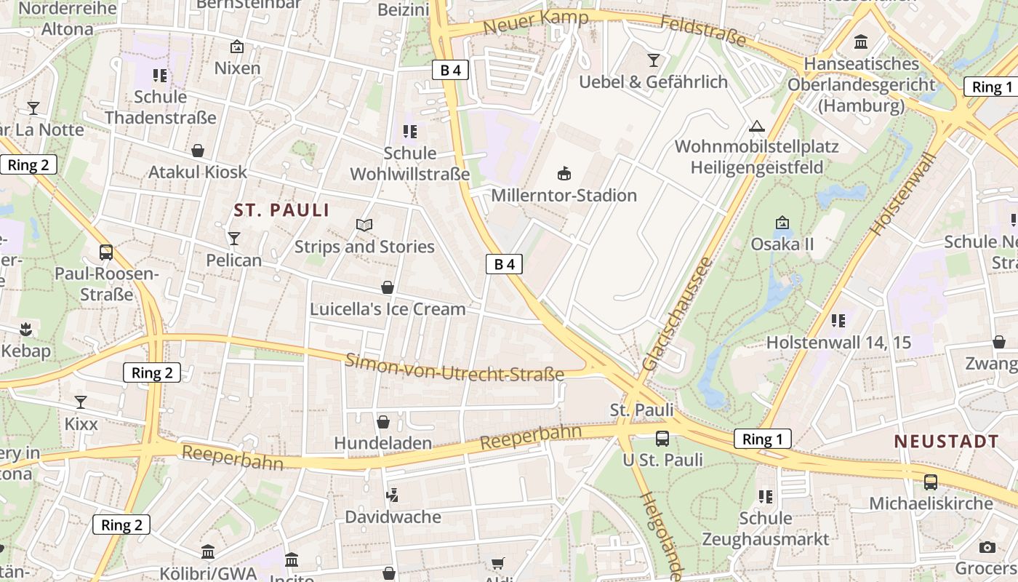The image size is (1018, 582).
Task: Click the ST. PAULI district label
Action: pos(281,211)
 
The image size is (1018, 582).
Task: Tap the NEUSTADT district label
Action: pos(946,442)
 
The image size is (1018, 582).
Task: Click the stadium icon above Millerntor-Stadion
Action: pos(564,173)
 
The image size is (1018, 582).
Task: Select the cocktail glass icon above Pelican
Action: pos(233,238)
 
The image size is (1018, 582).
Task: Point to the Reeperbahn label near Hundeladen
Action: pos(531,438)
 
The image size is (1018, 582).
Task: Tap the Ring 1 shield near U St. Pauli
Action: pos(762,439)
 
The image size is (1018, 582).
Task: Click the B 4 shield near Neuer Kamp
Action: pos(450,70)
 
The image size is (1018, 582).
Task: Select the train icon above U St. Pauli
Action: pos(662,438)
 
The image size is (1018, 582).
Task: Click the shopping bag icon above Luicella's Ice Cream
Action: pos(388,287)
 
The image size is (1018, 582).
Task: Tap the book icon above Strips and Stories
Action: pos(364,225)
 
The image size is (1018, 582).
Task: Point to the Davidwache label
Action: pos(393,517)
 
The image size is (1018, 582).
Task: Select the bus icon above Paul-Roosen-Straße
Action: pos(106,252)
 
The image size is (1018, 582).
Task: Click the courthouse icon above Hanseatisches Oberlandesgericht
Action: pos(862,41)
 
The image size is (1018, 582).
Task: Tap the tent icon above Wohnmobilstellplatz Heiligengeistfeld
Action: pos(757,126)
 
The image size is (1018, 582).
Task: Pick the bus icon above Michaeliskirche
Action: pos(931,482)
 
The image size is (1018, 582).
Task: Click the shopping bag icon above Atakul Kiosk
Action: pos(198,151)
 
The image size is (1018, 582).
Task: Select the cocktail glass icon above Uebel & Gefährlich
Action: pos(654,60)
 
